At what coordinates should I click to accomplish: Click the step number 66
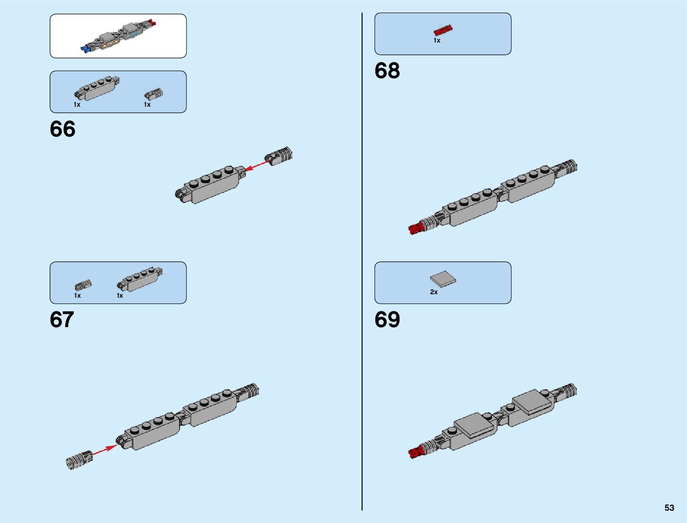(x=62, y=129)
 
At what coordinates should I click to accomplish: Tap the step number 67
(x=62, y=320)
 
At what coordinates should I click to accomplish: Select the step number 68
(x=387, y=71)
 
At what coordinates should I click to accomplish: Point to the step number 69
(x=387, y=320)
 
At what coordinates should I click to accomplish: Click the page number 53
(x=669, y=508)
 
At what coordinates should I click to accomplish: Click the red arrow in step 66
(x=257, y=166)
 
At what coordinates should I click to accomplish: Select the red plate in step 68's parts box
(x=443, y=30)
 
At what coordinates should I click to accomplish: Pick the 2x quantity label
(x=434, y=292)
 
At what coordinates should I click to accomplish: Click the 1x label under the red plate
(x=437, y=40)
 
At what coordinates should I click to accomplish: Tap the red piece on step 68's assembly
(x=416, y=228)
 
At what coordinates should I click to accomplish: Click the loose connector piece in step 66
(x=279, y=156)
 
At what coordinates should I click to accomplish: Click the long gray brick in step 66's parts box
(x=97, y=88)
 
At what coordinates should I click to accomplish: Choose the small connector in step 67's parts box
(x=83, y=285)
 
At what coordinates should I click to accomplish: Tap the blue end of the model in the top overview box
(x=86, y=48)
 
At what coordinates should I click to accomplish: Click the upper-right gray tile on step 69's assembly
(x=531, y=401)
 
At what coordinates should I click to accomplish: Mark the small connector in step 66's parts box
(x=154, y=94)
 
